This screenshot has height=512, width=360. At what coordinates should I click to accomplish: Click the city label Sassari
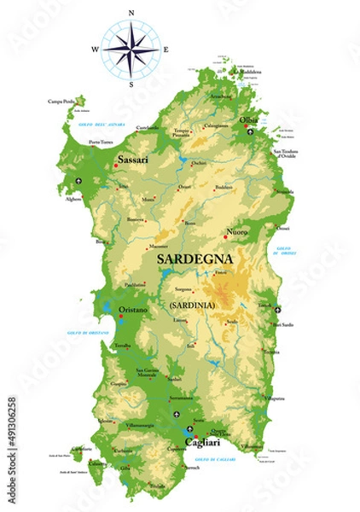[133, 159]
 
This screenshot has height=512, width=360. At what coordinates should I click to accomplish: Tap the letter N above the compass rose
[131, 14]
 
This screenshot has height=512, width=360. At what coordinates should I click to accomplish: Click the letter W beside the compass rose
[95, 49]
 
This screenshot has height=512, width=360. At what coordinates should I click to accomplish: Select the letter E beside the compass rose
[165, 49]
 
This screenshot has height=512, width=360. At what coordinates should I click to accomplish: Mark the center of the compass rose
[131, 49]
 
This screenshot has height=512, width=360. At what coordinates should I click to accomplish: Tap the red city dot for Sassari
[116, 166]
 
